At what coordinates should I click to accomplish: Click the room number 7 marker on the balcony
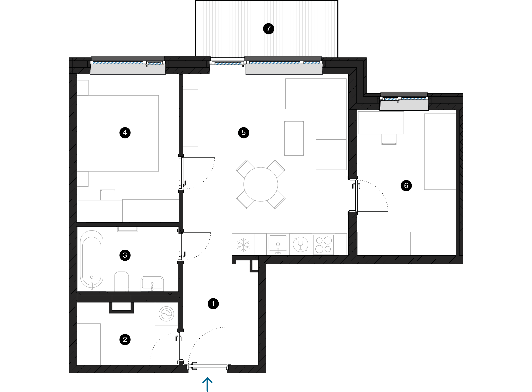point(269,29)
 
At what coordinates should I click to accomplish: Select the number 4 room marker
point(125,133)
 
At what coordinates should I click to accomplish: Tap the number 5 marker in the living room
point(244,133)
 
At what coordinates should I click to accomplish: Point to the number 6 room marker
point(406,186)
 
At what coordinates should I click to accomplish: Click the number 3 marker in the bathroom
point(125,255)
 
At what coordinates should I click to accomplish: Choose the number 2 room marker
point(125,340)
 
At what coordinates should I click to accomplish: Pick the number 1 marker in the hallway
point(213,304)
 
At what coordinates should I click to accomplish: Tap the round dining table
point(261,184)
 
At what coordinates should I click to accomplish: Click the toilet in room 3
point(122,281)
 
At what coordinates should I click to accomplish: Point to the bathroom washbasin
point(152,283)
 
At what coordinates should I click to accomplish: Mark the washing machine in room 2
point(166,314)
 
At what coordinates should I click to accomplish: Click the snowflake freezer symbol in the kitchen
point(243,245)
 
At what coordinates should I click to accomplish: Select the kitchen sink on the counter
point(278,243)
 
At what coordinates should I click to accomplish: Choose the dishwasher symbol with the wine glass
point(300,244)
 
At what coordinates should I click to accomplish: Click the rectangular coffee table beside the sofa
point(294,138)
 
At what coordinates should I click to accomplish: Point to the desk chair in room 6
point(389,139)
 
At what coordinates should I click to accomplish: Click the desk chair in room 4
point(108,195)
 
